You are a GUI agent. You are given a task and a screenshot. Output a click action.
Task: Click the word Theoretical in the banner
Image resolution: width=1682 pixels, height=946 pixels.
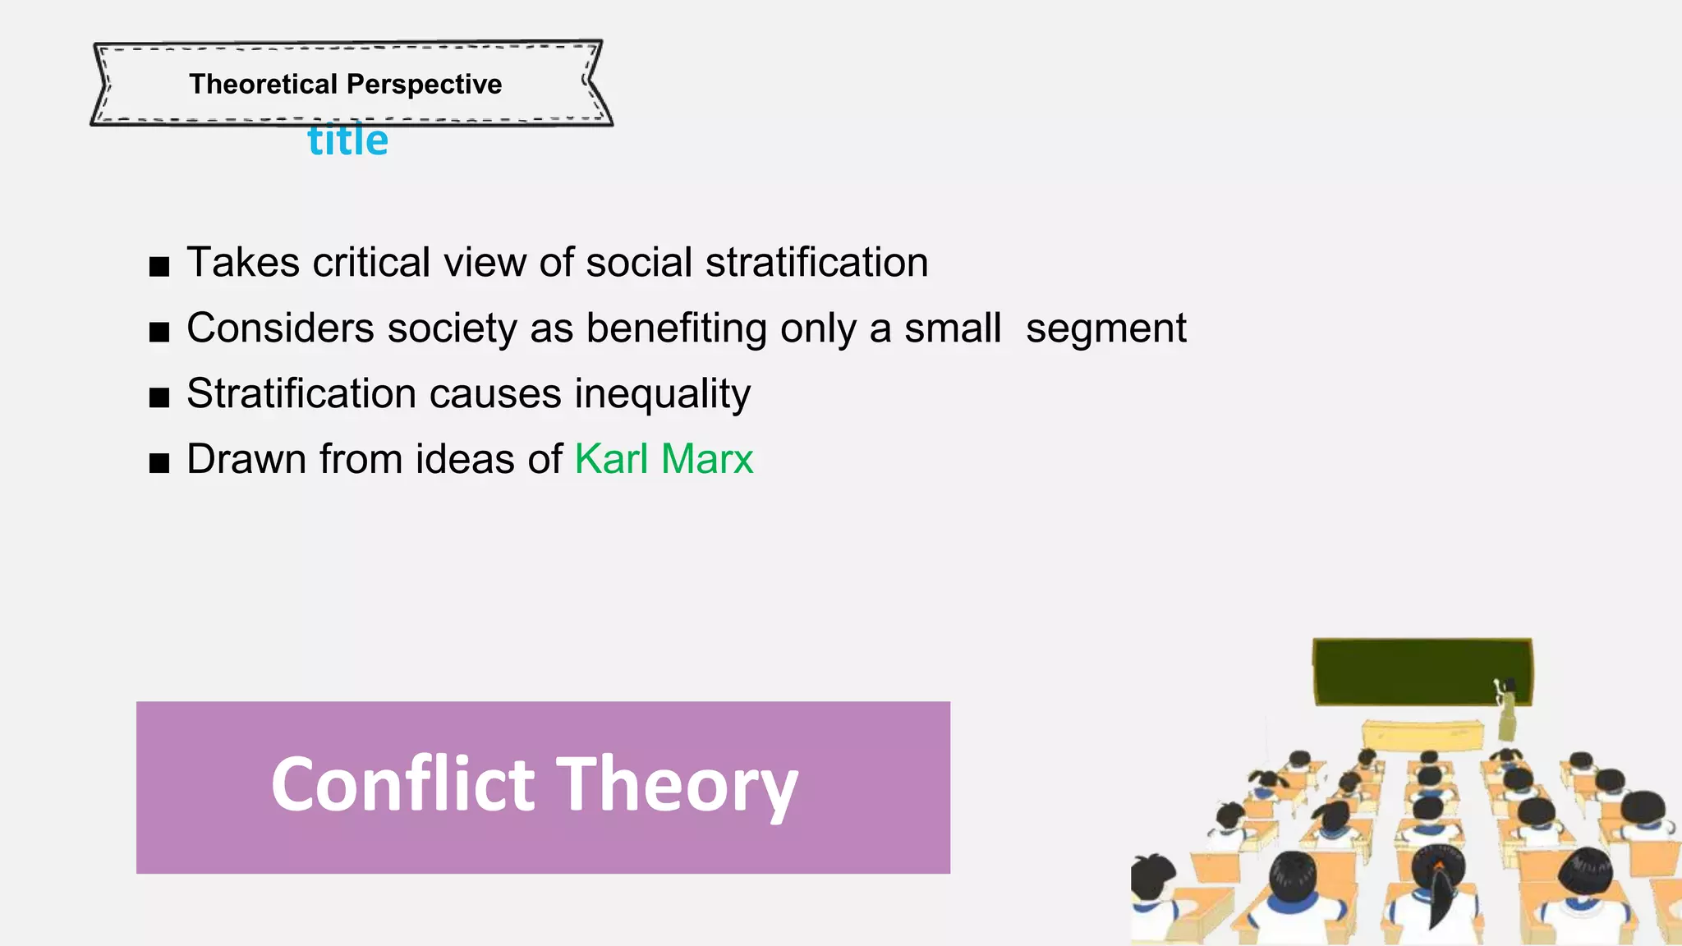click(x=263, y=84)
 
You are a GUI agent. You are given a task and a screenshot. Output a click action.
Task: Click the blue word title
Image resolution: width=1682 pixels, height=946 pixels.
click(x=347, y=140)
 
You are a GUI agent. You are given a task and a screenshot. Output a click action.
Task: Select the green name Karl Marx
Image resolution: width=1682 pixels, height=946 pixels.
click(x=664, y=458)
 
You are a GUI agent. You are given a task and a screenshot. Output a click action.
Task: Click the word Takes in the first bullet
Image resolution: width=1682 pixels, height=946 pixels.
click(x=243, y=263)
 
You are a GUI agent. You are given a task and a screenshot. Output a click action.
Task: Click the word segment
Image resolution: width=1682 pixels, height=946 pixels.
click(x=1105, y=329)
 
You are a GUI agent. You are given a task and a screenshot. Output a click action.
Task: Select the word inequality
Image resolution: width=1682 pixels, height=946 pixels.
click(x=662, y=394)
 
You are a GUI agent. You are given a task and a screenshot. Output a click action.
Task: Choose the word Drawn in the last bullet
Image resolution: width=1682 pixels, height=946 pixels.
click(x=246, y=458)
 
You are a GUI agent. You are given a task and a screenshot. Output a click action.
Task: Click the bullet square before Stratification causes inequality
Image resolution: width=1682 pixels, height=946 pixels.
click(x=159, y=398)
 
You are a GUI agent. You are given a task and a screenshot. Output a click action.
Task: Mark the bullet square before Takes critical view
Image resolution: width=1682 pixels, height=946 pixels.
click(x=159, y=267)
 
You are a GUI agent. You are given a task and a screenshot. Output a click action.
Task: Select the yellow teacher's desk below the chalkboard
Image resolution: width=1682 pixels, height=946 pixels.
click(x=1422, y=733)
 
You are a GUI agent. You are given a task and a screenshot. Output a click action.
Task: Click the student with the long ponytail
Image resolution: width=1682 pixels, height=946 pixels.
click(x=1440, y=887)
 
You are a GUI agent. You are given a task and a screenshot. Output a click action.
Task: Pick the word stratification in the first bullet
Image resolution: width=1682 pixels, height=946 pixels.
click(x=816, y=263)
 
